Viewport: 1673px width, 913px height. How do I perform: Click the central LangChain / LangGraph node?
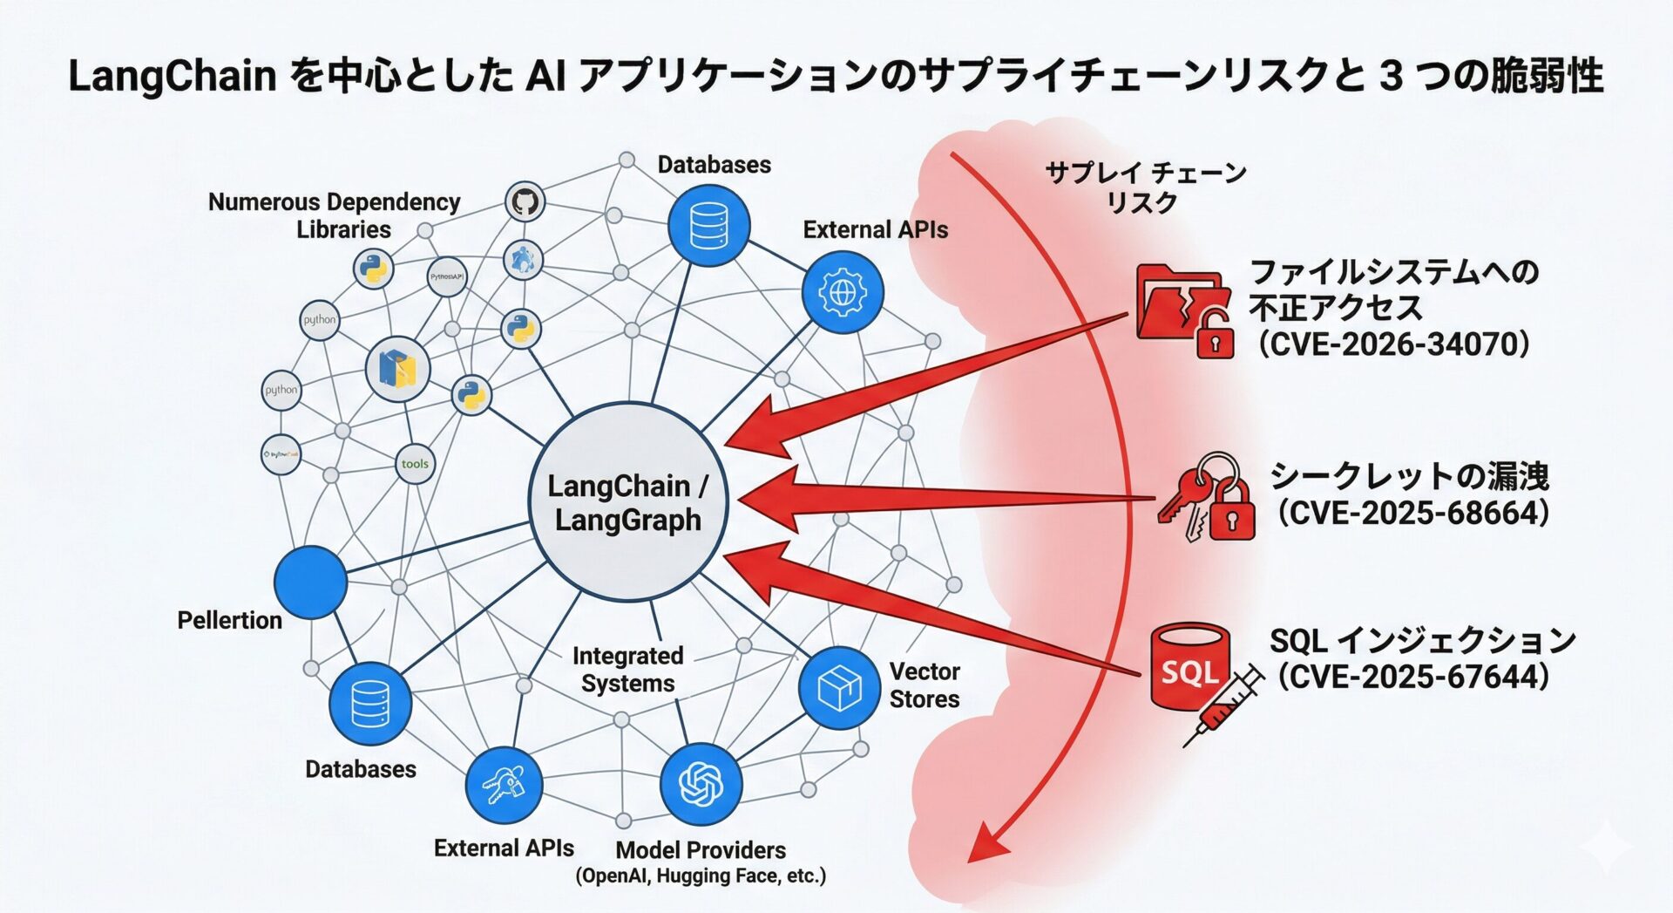coord(627,502)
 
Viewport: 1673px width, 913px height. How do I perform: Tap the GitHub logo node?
coord(525,201)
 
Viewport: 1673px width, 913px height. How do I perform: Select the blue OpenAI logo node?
coord(701,784)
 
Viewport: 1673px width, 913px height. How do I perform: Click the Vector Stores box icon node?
coord(839,688)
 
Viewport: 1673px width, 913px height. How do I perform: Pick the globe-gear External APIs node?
coord(842,292)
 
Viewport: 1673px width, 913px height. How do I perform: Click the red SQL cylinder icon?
coord(1189,668)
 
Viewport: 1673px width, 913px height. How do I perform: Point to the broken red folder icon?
coord(1181,306)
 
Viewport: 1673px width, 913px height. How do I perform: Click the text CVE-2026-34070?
coord(1393,344)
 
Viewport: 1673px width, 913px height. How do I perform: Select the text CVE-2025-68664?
coord(1413,513)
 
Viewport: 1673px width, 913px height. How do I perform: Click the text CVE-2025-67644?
coord(1413,677)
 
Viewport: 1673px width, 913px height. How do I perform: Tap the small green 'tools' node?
coord(415,464)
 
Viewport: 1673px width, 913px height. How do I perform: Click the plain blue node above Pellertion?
coord(310,582)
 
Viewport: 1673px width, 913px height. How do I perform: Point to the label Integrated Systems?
coord(627,669)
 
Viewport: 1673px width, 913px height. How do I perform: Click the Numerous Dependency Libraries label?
coord(335,215)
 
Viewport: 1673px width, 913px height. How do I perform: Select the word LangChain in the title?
coord(172,76)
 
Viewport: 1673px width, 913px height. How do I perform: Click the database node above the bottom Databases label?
coord(370,704)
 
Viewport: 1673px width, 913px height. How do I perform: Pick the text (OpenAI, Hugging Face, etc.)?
coord(701,876)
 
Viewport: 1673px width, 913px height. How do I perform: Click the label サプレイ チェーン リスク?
coord(1145,187)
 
